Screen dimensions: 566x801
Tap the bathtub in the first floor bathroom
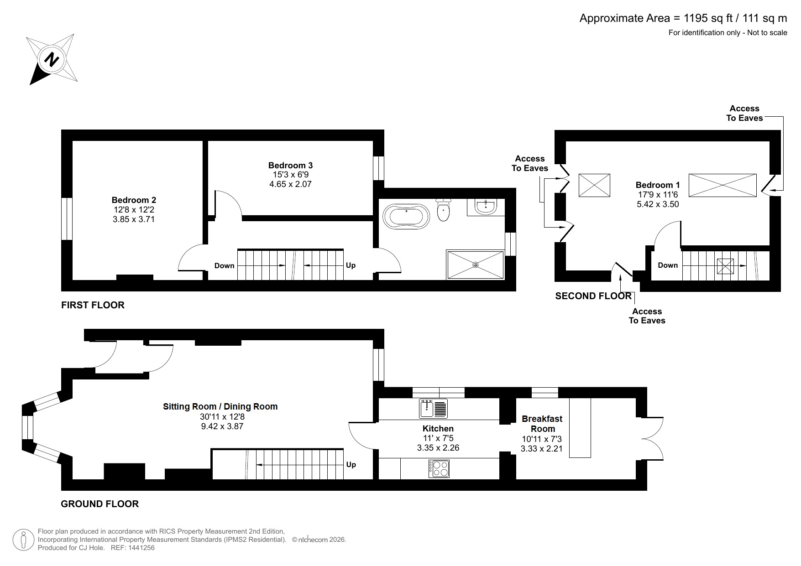click(x=406, y=216)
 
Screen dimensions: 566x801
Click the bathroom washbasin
click(x=486, y=207)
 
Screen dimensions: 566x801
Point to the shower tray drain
click(x=476, y=265)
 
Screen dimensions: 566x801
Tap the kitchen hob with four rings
click(x=439, y=469)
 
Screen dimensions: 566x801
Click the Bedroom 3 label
click(x=290, y=165)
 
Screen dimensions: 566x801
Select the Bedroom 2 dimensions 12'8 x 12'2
click(x=134, y=210)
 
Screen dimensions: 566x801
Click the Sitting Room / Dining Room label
click(x=220, y=406)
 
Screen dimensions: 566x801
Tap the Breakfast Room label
click(x=542, y=424)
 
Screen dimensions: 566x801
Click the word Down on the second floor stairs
click(x=668, y=265)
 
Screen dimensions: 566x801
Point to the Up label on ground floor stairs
click(x=351, y=464)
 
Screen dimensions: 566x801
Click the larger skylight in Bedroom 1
click(x=722, y=185)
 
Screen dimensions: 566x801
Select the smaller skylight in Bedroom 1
click(x=594, y=185)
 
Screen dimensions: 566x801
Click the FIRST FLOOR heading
click(x=93, y=305)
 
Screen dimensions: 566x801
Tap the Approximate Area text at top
click(x=683, y=18)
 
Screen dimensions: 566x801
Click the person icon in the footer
click(x=23, y=540)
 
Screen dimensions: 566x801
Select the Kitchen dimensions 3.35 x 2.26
click(x=438, y=447)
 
